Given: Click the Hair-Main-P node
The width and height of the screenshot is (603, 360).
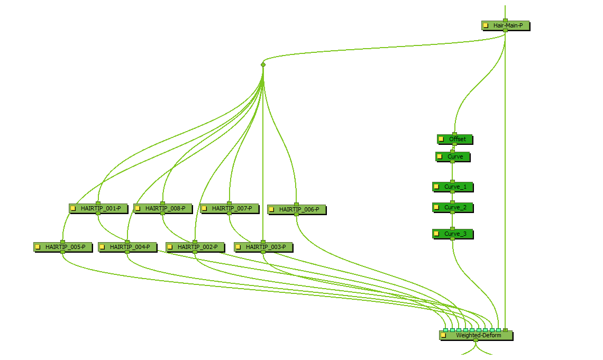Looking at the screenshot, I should [x=507, y=25].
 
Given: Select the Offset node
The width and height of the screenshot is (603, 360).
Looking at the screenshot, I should [x=458, y=139].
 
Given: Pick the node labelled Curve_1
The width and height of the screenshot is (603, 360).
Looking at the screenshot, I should [x=455, y=187].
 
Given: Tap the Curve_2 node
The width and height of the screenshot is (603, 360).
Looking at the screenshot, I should [x=455, y=207].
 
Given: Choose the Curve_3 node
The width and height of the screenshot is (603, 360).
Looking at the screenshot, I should [x=455, y=234].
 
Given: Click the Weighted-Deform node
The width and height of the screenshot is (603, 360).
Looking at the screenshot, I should [x=479, y=335].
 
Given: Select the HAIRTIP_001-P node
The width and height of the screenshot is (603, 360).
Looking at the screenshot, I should [x=100, y=208].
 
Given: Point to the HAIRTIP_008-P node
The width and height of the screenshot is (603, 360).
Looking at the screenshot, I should [x=165, y=208].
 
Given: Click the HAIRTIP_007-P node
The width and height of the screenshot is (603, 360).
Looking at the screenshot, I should [x=232, y=208].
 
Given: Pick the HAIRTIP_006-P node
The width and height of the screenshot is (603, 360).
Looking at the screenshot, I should [x=299, y=209].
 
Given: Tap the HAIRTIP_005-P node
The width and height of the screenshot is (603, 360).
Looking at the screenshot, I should [x=65, y=247].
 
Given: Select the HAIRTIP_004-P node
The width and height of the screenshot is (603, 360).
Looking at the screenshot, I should [x=130, y=247].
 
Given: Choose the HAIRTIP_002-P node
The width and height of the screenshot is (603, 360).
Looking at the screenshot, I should [x=197, y=247].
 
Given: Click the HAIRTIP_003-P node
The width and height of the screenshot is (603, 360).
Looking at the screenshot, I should [x=266, y=247].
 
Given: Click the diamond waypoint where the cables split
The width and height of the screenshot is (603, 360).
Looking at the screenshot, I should [x=263, y=64].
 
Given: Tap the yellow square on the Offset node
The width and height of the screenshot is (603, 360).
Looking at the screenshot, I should [x=441, y=139].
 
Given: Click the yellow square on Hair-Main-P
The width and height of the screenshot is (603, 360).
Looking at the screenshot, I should [x=486, y=25].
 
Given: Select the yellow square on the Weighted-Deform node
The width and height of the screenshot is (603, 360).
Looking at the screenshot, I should [x=443, y=335].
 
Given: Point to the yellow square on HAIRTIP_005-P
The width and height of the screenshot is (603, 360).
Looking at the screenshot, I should [x=38, y=247].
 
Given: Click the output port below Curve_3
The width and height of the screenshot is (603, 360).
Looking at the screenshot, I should [x=452, y=238].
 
